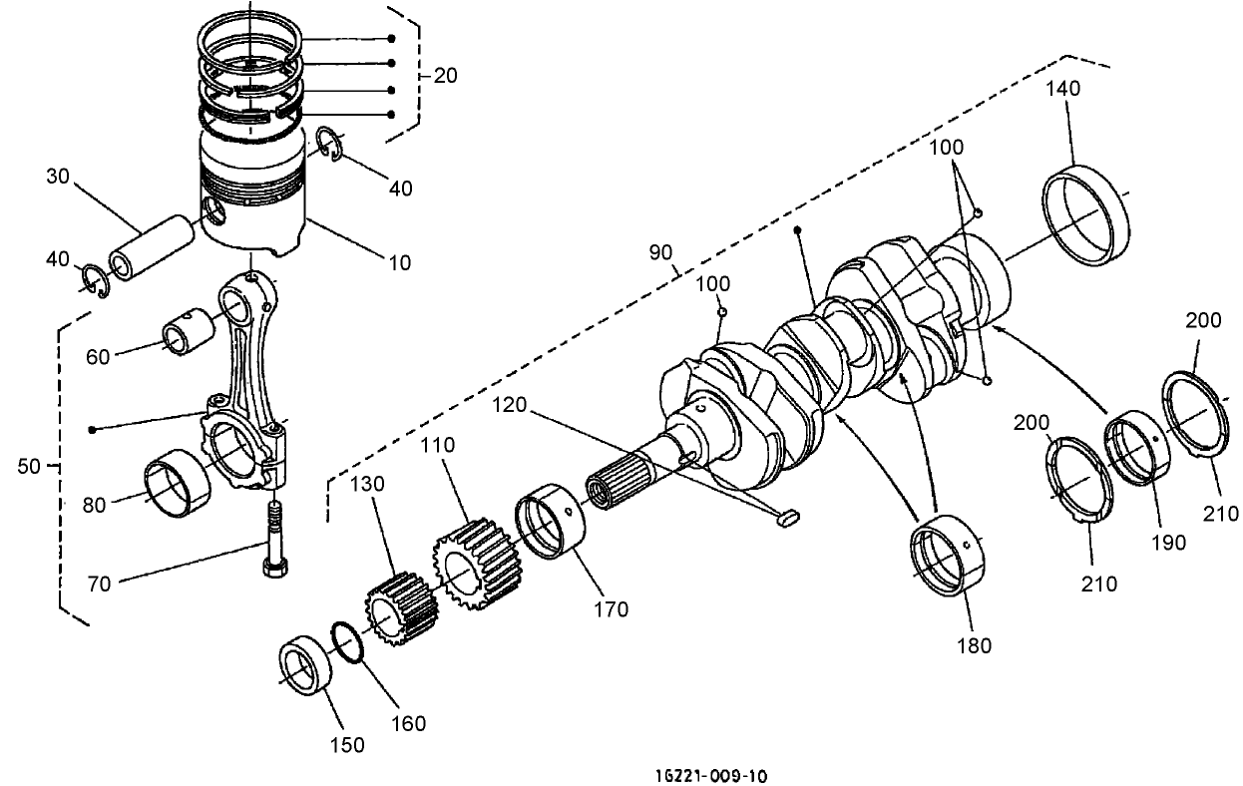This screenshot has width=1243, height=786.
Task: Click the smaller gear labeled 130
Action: (x=401, y=611)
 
